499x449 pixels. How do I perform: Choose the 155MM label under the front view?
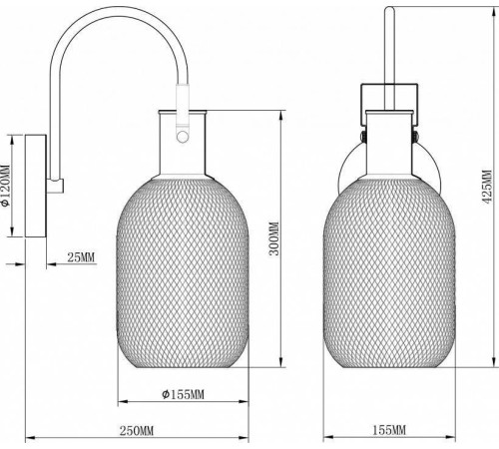[389, 430]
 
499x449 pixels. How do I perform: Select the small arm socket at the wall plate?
[58, 185]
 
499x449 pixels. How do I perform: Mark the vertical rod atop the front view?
[389, 45]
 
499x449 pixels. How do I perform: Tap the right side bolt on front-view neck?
[412, 130]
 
